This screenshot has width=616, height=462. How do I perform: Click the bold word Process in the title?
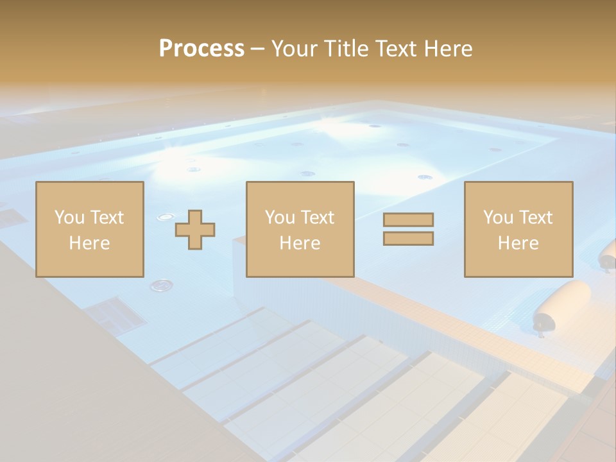[x=201, y=49]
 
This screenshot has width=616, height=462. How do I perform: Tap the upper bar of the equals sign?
[x=408, y=219]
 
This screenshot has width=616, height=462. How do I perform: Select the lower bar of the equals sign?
[x=408, y=239]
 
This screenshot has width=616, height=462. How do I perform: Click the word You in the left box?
[x=69, y=218]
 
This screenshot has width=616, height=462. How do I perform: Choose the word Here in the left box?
[x=89, y=243]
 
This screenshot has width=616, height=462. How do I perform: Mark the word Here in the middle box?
[x=300, y=243]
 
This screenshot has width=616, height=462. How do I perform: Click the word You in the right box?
[x=498, y=218]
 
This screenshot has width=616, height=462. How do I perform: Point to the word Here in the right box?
[x=518, y=243]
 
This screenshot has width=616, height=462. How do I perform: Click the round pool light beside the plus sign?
[x=165, y=217]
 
